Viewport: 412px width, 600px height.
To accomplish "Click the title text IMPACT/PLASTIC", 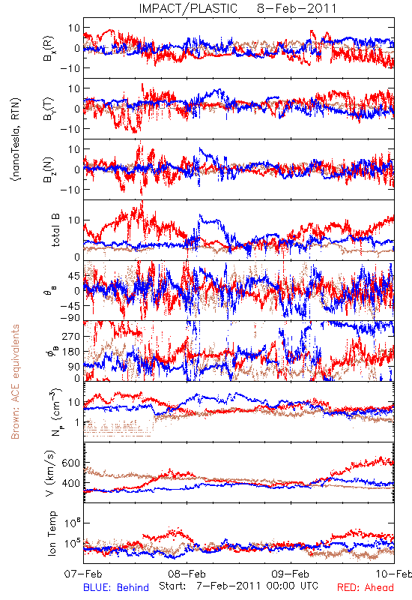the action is (188, 8).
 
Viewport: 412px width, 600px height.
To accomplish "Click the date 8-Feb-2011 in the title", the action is (297, 8).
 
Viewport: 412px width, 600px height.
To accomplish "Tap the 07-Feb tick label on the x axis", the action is (83, 574).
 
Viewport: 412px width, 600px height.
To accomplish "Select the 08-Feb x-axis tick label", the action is (187, 574).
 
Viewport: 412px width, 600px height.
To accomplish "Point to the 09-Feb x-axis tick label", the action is (291, 574).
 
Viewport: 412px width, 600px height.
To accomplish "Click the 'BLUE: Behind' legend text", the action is (116, 587).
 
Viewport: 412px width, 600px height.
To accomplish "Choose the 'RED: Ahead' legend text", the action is (365, 587).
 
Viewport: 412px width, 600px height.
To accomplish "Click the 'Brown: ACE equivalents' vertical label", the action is (15, 382).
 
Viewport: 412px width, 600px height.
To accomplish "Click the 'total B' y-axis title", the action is (55, 230).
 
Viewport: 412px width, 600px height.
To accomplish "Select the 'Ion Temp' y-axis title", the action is (52, 533).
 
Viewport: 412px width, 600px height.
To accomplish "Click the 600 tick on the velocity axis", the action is (71, 463).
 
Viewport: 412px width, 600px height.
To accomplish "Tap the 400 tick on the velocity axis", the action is (71, 483).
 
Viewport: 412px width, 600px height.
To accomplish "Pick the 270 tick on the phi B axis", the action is (71, 336).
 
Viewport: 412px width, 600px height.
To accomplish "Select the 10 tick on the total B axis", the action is (74, 220).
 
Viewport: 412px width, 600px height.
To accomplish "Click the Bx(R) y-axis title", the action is (49, 48).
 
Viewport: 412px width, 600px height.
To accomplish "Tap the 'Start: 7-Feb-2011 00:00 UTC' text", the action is (238, 586).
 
